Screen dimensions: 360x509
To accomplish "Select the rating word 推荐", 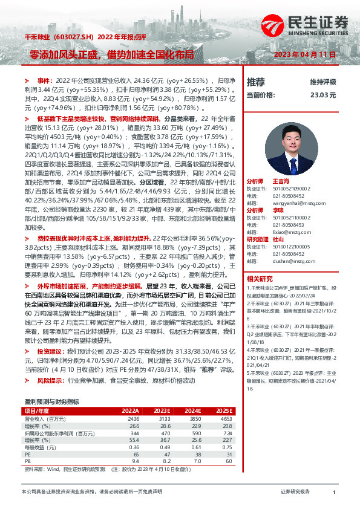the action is click(x=256, y=82).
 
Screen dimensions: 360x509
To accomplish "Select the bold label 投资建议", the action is click(x=50, y=351).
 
